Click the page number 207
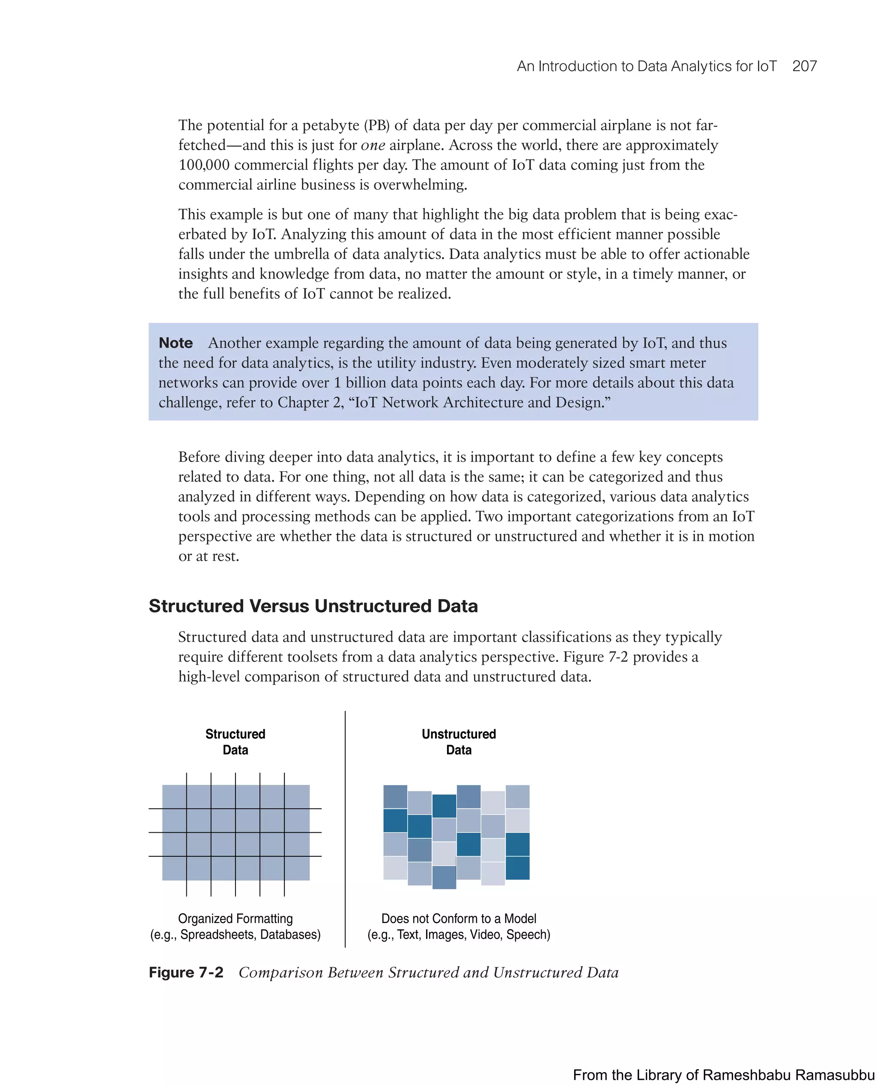(804, 66)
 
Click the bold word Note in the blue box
(175, 343)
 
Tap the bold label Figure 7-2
(185, 972)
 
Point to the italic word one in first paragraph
(373, 146)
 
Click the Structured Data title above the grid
(235, 742)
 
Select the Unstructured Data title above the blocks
(458, 742)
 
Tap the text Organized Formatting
(235, 918)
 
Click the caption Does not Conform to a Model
(458, 918)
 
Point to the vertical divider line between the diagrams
(345, 829)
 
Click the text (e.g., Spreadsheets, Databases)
(235, 934)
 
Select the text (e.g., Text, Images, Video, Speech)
(458, 934)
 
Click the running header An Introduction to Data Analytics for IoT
(646, 66)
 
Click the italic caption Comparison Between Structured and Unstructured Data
(428, 972)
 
